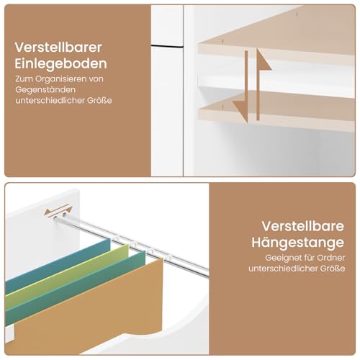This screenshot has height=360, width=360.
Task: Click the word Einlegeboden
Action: pos(63,63)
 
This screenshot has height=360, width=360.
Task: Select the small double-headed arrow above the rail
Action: pos(53,212)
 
